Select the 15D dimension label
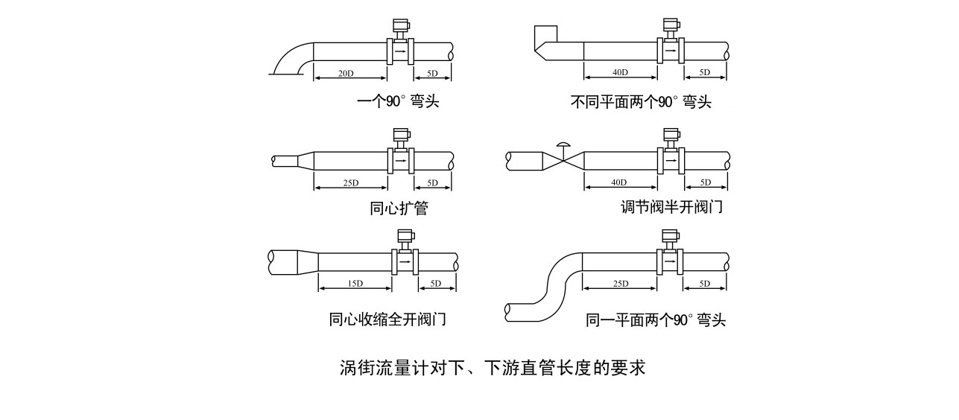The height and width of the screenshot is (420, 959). (x=355, y=284)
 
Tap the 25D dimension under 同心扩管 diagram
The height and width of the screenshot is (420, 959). (x=350, y=183)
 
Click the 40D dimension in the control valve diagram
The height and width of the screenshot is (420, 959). (x=619, y=182)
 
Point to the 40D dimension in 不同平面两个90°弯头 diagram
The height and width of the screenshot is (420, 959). (x=619, y=72)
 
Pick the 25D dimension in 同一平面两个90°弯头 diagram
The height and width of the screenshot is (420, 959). (x=619, y=284)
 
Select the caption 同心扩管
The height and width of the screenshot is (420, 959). (x=399, y=208)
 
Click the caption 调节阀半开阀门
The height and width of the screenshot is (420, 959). (x=671, y=207)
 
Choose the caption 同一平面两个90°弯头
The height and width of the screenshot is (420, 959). (x=656, y=320)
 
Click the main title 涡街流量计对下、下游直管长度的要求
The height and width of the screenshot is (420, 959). (x=492, y=368)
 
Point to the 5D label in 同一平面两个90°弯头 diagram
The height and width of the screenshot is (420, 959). (x=705, y=284)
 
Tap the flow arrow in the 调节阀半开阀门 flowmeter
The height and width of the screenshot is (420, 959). (x=671, y=159)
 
